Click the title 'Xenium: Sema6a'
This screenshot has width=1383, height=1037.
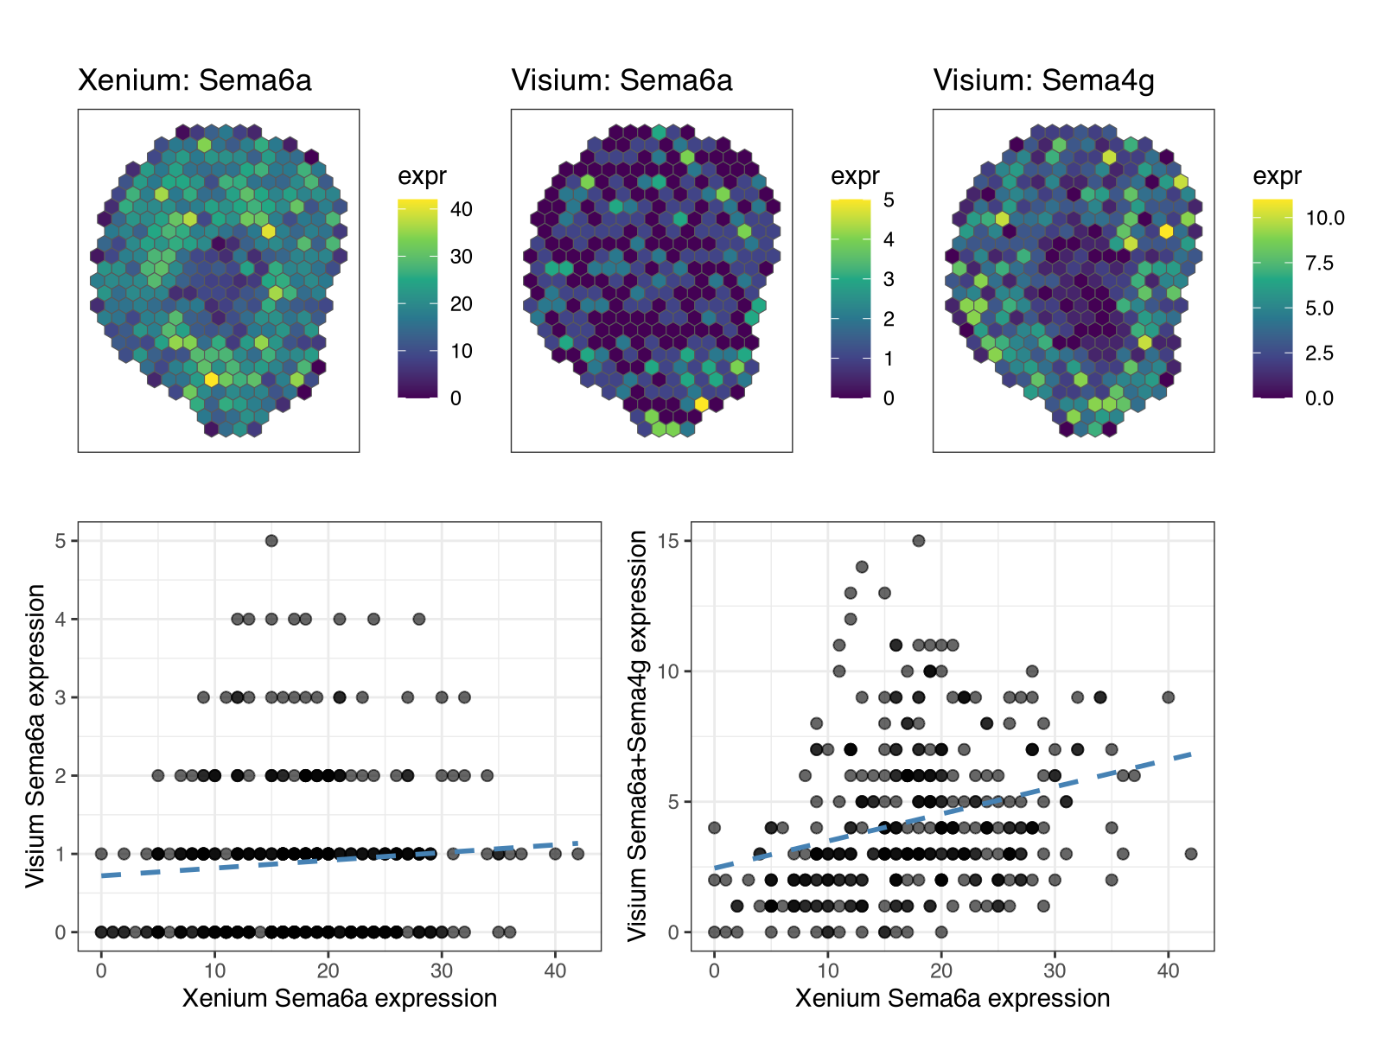pyautogui.click(x=194, y=80)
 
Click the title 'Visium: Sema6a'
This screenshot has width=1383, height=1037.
pyautogui.click(x=621, y=80)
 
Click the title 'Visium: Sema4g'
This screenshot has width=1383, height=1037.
pyautogui.click(x=1043, y=80)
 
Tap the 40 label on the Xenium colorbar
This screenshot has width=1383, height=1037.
pyautogui.click(x=462, y=209)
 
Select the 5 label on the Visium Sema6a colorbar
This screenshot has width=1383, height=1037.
pyautogui.click(x=889, y=200)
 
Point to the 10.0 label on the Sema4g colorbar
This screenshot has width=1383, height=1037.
pyautogui.click(x=1324, y=218)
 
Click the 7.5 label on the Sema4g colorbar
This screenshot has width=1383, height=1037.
pyautogui.click(x=1319, y=263)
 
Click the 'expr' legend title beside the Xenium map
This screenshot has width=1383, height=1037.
pyautogui.click(x=422, y=176)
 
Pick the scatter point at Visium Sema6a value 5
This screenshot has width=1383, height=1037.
pyautogui.click(x=271, y=541)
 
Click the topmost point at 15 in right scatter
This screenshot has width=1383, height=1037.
pyautogui.click(x=919, y=541)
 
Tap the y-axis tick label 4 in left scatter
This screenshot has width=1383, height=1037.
pyautogui.click(x=61, y=620)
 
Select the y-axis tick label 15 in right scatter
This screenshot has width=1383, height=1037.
pyautogui.click(x=670, y=541)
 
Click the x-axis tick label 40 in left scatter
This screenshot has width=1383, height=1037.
pyautogui.click(x=555, y=970)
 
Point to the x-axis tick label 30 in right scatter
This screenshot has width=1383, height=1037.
pyautogui.click(x=1055, y=970)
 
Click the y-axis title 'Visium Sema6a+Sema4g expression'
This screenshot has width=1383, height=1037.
pyautogui.click(x=638, y=736)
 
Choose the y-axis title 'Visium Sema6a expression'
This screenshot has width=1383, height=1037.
pyautogui.click(x=35, y=736)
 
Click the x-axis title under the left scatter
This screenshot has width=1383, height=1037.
pyautogui.click(x=340, y=999)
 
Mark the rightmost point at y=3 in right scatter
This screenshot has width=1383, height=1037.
pyautogui.click(x=1191, y=854)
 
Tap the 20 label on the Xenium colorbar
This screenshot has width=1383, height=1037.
pyautogui.click(x=462, y=303)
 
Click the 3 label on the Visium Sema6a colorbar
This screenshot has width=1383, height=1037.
pyautogui.click(x=889, y=279)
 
